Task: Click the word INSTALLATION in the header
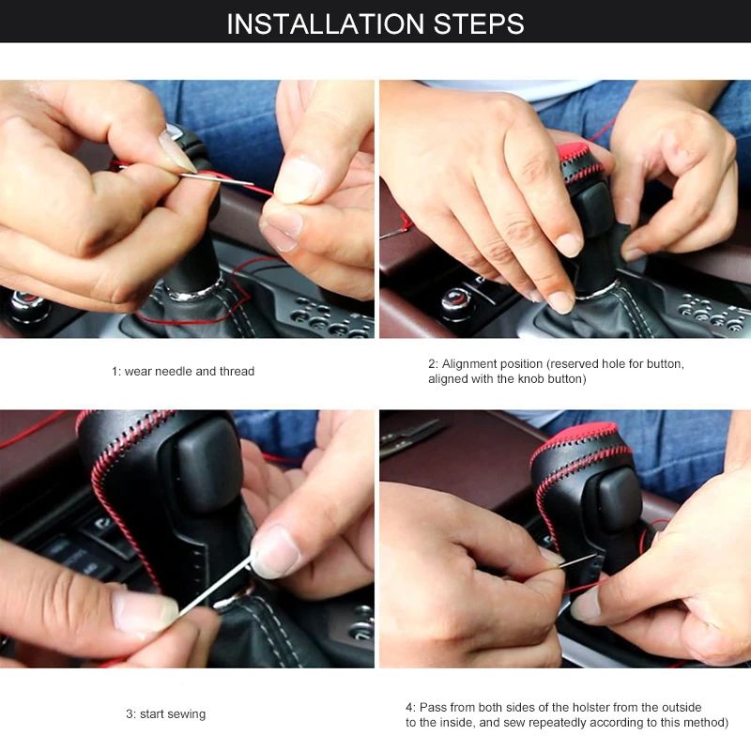click(x=325, y=23)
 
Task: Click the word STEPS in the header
click(x=479, y=23)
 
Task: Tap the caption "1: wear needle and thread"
click(x=183, y=371)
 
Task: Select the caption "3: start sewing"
click(x=166, y=714)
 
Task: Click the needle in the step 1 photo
click(x=217, y=179)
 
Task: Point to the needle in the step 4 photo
click(x=576, y=560)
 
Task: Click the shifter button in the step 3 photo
click(x=208, y=464)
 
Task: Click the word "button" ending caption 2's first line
click(x=665, y=364)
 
